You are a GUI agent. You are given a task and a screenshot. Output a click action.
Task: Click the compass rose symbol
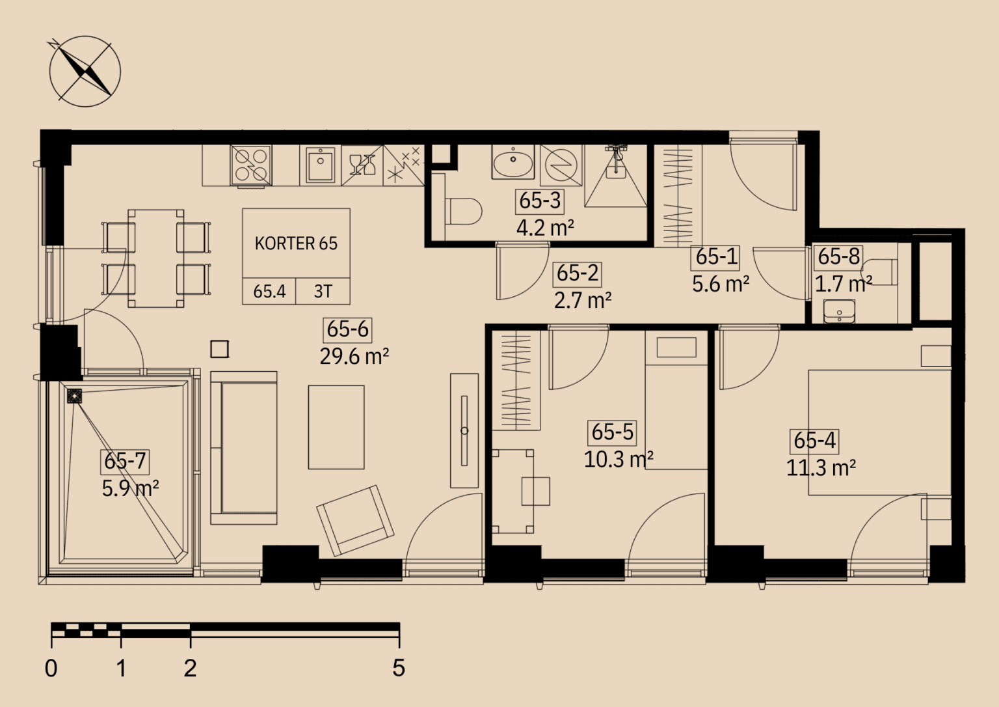pyautogui.click(x=85, y=72)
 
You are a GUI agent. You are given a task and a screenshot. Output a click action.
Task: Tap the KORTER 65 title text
pyautogui.click(x=296, y=243)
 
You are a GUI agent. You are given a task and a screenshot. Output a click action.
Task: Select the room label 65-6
pyautogui.click(x=348, y=329)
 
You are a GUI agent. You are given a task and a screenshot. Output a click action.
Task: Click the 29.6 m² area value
pyautogui.click(x=354, y=356)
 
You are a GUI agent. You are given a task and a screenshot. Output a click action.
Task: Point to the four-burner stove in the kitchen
pyautogui.click(x=250, y=165)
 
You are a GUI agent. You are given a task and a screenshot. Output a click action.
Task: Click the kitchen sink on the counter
pyautogui.click(x=321, y=165)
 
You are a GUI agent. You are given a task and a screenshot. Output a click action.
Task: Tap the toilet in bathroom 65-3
pyautogui.click(x=463, y=211)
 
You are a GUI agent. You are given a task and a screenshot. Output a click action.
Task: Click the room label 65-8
pyautogui.click(x=838, y=256)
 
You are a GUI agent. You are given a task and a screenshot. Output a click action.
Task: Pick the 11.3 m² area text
pyautogui.click(x=821, y=468)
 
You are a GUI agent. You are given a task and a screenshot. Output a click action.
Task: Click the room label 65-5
pyautogui.click(x=612, y=432)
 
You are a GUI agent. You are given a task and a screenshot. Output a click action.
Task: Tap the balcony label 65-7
pyautogui.click(x=125, y=461)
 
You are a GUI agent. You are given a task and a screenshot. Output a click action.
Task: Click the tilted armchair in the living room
pyautogui.click(x=355, y=520)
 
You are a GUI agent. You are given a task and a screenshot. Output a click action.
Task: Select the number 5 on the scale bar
pyautogui.click(x=399, y=668)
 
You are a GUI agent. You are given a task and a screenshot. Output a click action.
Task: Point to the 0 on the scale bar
pyautogui.click(x=51, y=668)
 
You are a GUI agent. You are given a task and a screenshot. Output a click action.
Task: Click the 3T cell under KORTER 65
pyautogui.click(x=323, y=292)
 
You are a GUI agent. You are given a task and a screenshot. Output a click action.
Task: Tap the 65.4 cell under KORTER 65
pyautogui.click(x=269, y=292)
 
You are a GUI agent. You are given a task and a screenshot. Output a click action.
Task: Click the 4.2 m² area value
pyautogui.click(x=545, y=228)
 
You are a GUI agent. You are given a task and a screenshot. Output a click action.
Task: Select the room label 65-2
pyautogui.click(x=578, y=273)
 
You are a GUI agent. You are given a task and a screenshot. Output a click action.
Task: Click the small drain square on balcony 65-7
pyautogui.click(x=75, y=396)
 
